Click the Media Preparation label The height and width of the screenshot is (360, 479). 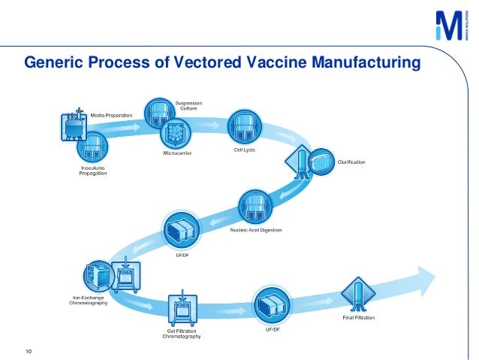(112, 115)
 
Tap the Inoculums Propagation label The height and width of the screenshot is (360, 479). (93, 171)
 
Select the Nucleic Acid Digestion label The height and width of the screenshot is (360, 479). (255, 230)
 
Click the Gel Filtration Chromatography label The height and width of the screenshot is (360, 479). (182, 333)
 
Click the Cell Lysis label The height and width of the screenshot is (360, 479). (245, 150)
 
